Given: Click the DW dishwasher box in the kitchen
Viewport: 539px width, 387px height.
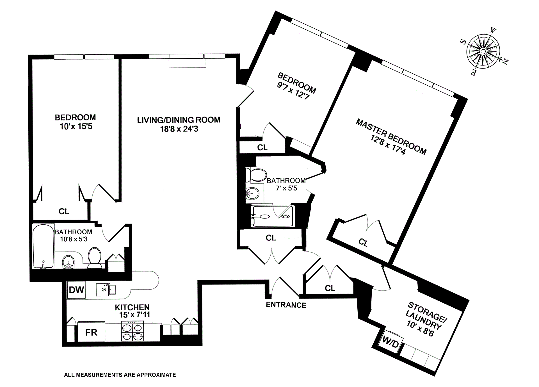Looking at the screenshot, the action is pos(76,290).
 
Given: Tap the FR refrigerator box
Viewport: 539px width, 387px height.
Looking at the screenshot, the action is pos(91,332).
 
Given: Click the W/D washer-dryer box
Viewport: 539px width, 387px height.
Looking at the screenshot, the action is pos(390,342).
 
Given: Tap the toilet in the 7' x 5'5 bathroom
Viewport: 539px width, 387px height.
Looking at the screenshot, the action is pos(256,175).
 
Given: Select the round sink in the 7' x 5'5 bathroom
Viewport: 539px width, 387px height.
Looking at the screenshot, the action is pos(252,193).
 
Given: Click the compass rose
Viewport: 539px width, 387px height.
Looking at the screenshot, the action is pos(483,51).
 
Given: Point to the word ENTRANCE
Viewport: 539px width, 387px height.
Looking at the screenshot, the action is pos(286,305).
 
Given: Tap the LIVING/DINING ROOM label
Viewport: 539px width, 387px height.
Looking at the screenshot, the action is pos(179,120).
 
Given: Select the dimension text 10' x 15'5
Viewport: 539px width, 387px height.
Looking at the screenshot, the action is pos(76,126).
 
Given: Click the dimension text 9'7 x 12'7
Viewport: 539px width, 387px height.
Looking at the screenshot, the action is pos(293,90).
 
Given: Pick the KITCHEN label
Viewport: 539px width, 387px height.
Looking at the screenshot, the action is pos(132,307).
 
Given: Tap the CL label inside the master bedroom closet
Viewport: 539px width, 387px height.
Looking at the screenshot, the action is pos(363,242).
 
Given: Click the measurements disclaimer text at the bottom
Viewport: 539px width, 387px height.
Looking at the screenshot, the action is pos(120,375).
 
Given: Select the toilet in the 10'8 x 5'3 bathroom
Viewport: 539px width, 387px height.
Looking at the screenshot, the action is pos(95,258).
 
